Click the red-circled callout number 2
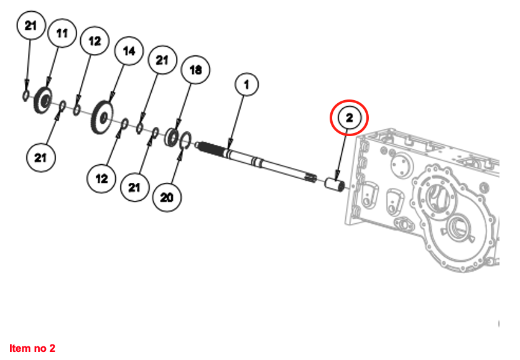point(349,117)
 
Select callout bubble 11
point(62,34)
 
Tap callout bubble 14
point(129,52)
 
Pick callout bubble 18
point(195,70)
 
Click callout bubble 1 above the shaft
point(246,85)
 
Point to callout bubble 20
point(167,198)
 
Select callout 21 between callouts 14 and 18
point(162,60)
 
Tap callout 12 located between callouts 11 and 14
point(95,42)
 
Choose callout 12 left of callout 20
point(102,178)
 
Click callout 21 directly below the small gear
point(41,158)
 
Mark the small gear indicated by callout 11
point(43,99)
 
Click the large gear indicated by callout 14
point(101,116)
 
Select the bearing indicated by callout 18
point(172,137)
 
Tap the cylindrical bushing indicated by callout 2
point(335,185)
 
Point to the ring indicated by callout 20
point(185,142)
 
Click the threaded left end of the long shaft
point(208,149)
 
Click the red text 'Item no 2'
point(32,348)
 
